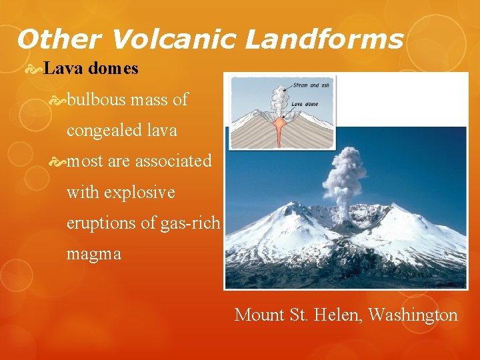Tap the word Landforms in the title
324,39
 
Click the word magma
94,254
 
